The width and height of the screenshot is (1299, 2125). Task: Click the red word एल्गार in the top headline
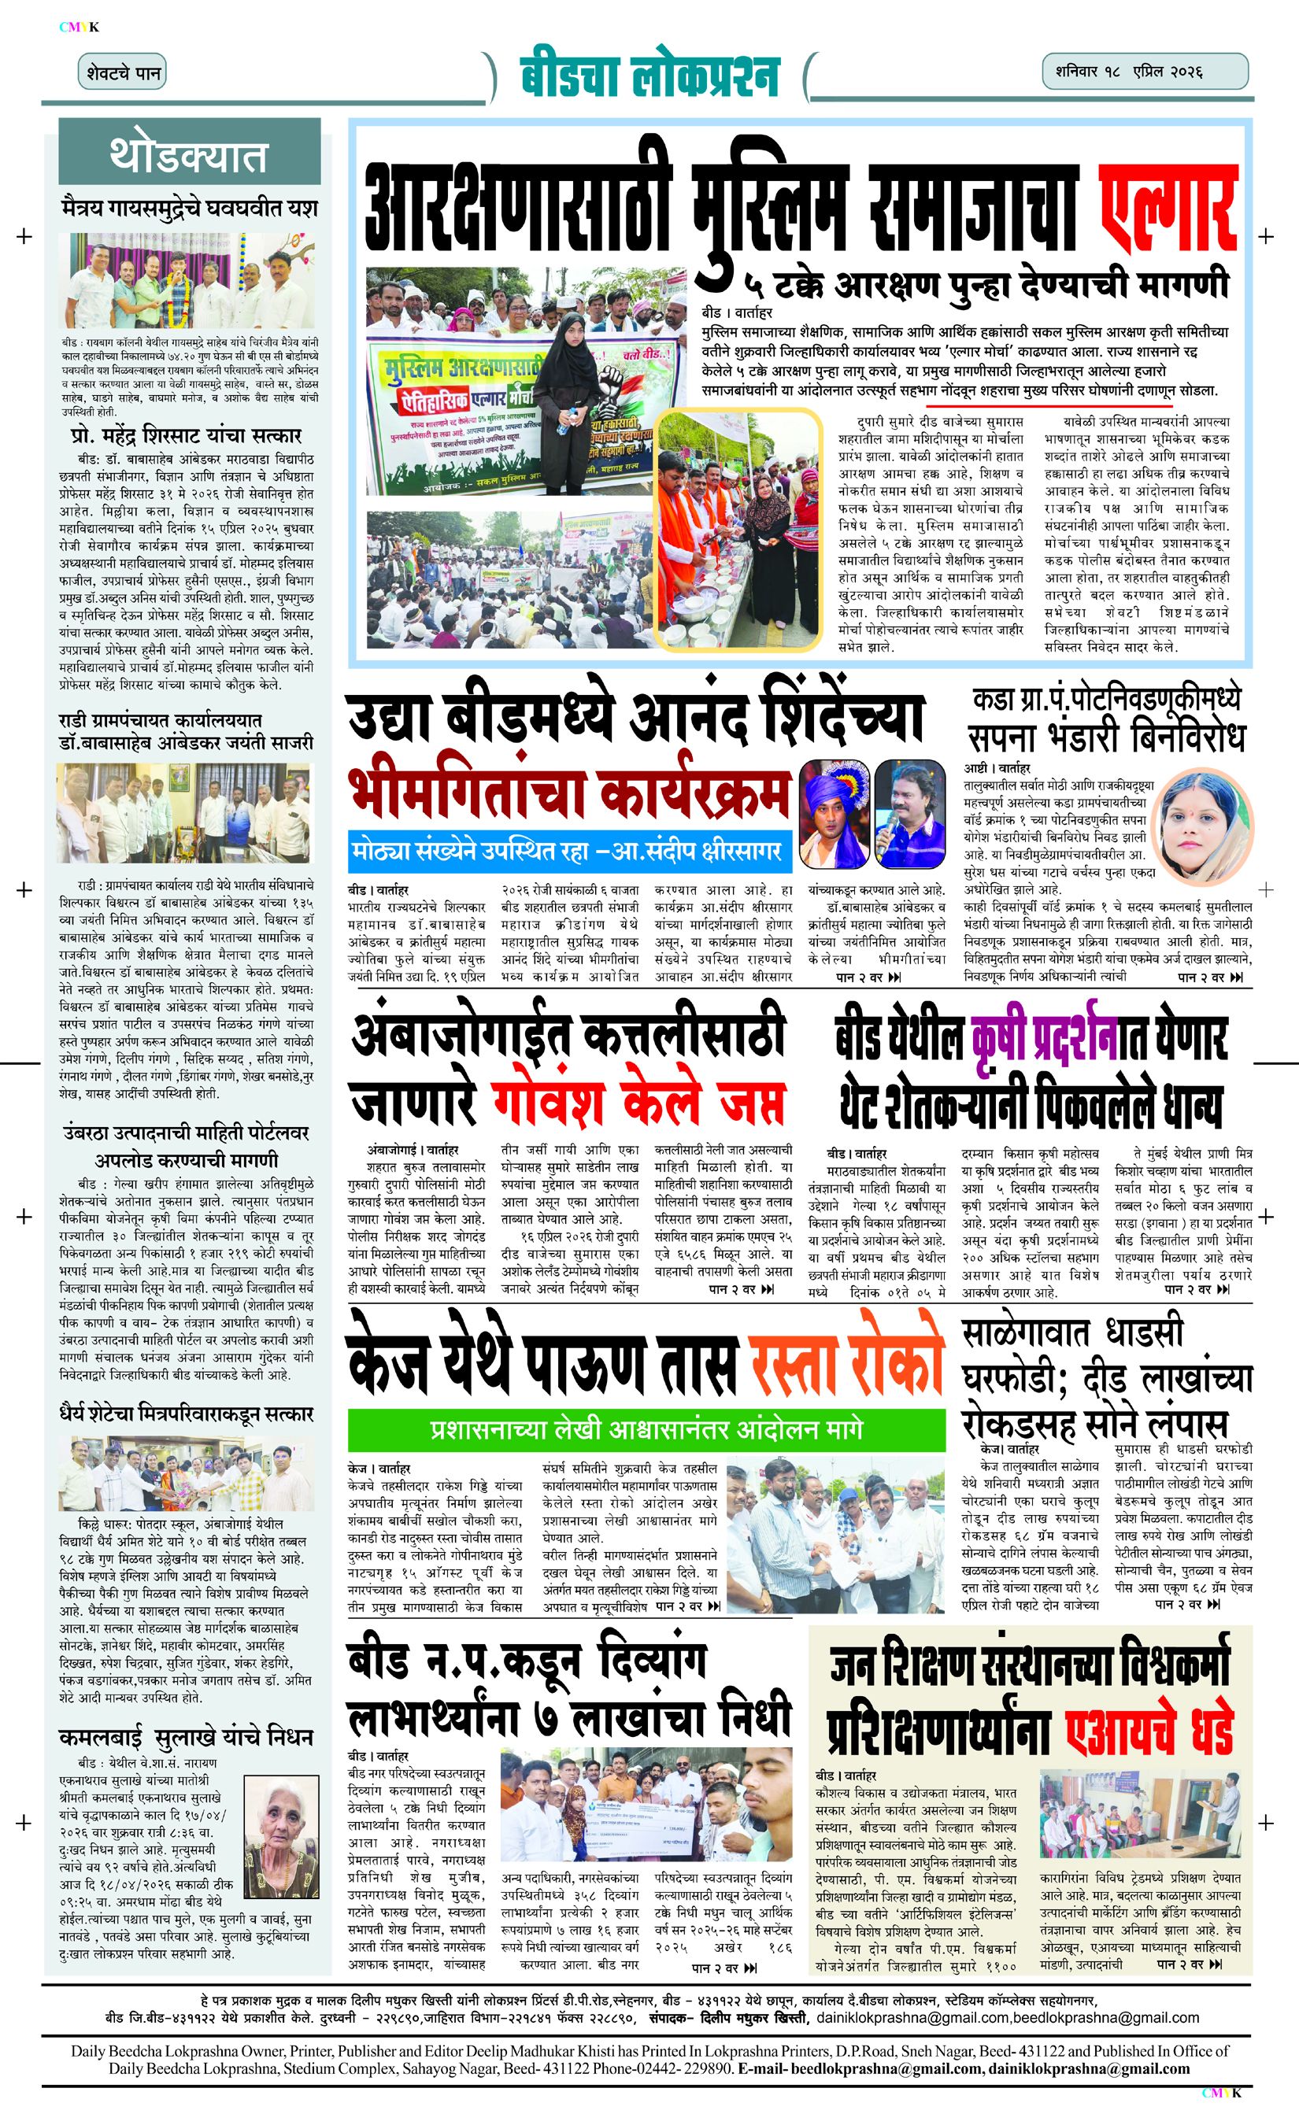click(1169, 207)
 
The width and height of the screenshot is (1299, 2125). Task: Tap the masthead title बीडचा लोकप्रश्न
click(649, 76)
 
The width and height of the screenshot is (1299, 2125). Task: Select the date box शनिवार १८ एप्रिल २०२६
click(1144, 72)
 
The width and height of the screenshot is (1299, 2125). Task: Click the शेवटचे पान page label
click(123, 72)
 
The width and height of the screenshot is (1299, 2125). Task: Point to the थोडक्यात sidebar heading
click(189, 155)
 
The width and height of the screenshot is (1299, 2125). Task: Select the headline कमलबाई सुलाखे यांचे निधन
click(187, 1736)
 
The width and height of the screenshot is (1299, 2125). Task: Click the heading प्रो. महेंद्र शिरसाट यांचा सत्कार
click(187, 435)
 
